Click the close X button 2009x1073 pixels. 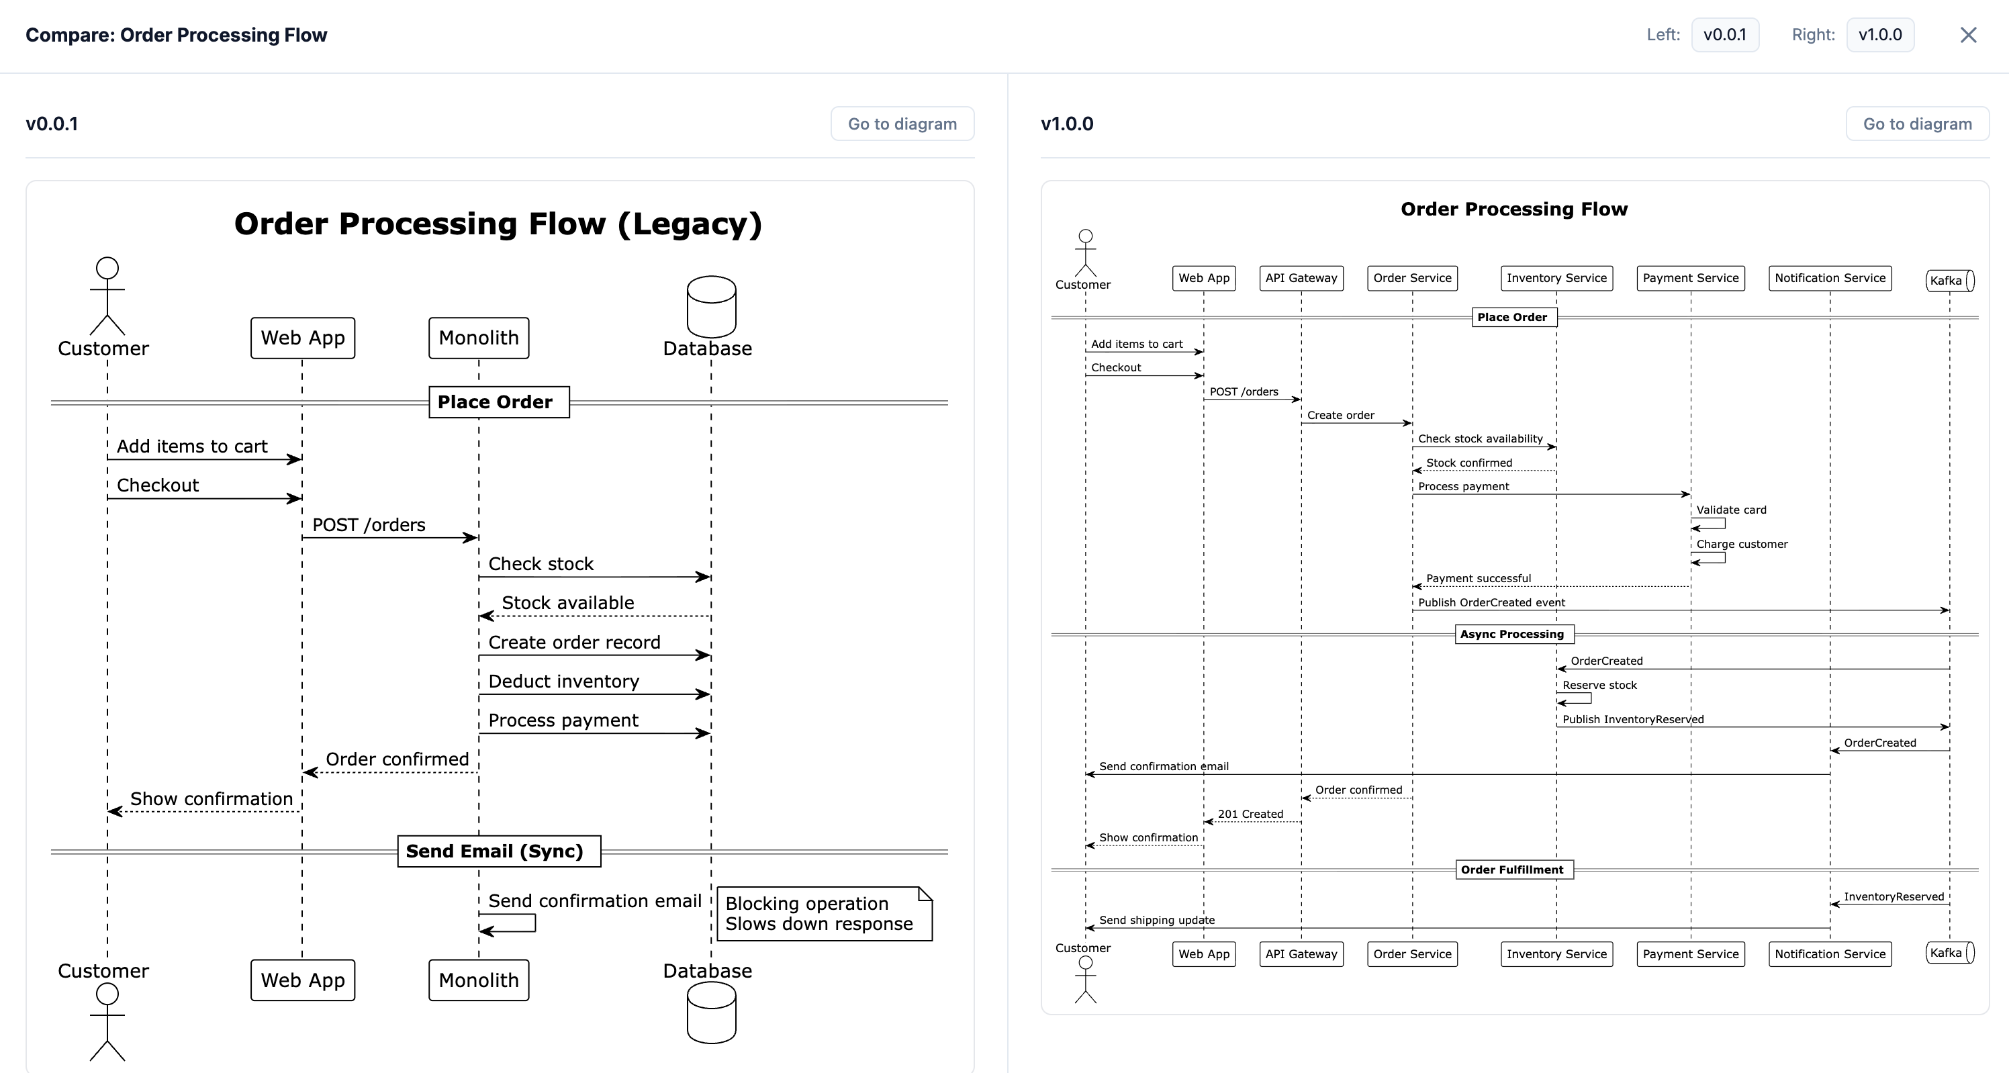1967,35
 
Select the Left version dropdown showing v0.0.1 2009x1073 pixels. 1724,35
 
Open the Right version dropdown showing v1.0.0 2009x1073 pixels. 1879,35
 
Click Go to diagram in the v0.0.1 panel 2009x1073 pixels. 902,124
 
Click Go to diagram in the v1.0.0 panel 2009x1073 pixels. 1917,124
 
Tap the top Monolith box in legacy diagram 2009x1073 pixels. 478,338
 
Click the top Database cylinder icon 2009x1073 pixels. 710,306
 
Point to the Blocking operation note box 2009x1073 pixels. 824,914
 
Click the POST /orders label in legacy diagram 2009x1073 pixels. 369,525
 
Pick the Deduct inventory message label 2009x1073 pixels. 563,682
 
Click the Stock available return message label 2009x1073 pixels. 568,603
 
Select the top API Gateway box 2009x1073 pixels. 1301,279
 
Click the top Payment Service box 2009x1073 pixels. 1690,279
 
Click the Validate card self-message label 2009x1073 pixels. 1730,510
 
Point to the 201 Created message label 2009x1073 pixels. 1250,814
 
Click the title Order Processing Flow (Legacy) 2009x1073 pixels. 498,224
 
